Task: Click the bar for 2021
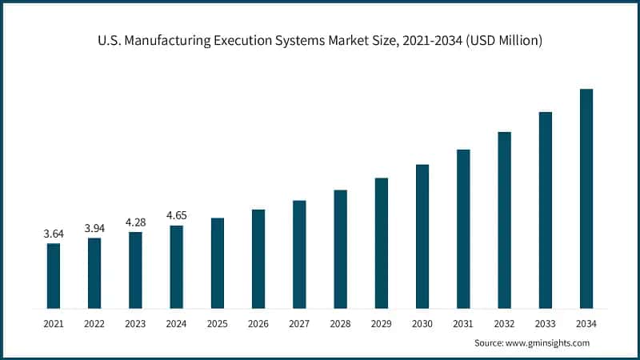pos(54,276)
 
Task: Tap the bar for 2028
pos(340,249)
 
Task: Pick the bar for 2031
pos(463,229)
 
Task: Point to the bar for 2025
pos(218,263)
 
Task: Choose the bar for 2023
pos(135,270)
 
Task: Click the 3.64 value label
pos(54,234)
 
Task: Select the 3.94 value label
pos(94,228)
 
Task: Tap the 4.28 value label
pos(135,222)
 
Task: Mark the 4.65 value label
pos(176,215)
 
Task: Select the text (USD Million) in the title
pos(498,41)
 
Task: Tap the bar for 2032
pos(504,220)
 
